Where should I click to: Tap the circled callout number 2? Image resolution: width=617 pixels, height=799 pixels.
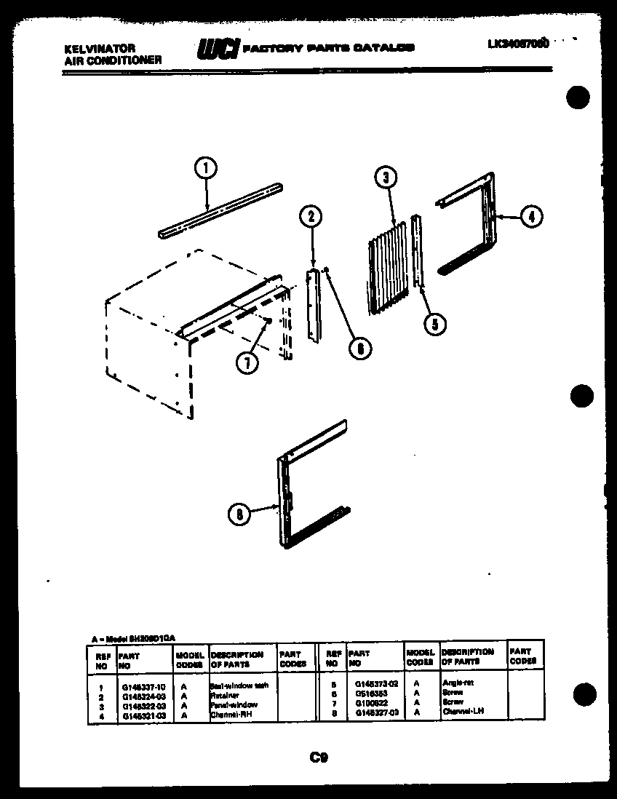pyautogui.click(x=311, y=216)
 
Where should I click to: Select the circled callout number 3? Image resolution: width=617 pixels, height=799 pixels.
pyautogui.click(x=386, y=178)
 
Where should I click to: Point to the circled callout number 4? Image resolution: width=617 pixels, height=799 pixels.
pyautogui.click(x=532, y=216)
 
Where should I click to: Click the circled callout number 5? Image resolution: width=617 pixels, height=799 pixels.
pyautogui.click(x=434, y=324)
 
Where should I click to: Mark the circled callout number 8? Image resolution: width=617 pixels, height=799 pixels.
pyautogui.click(x=238, y=514)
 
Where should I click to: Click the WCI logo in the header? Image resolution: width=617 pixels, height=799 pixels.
pyautogui.click(x=216, y=49)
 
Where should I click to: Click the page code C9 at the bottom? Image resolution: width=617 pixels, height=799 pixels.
pyautogui.click(x=318, y=758)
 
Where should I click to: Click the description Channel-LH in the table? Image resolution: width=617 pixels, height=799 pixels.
pyautogui.click(x=463, y=712)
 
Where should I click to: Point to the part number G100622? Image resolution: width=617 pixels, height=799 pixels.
pyautogui.click(x=371, y=703)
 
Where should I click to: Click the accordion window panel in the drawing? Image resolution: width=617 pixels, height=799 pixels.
pyautogui.click(x=386, y=269)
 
